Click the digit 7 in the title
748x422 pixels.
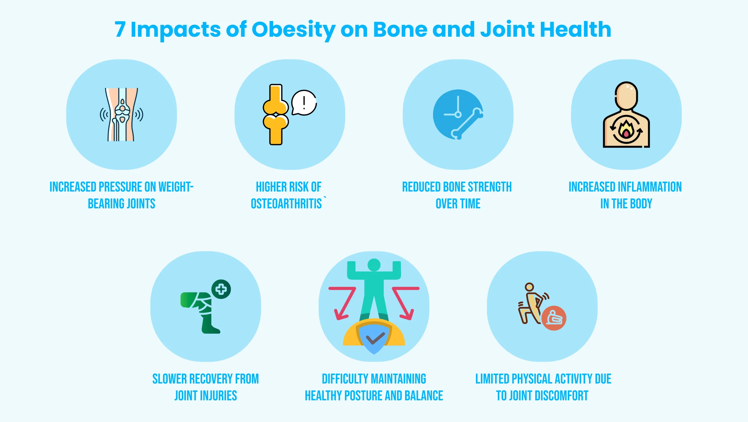coord(120,29)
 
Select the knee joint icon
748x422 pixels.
coord(122,114)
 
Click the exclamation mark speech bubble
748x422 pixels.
coord(304,102)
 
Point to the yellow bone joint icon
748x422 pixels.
coord(276,114)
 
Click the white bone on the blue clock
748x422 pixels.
coord(467,124)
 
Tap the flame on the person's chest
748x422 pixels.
coord(626,130)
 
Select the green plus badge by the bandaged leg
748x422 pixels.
coord(221,289)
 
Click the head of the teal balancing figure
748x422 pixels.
coord(374,265)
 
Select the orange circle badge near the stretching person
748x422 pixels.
coord(554,318)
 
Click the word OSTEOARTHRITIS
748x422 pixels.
coord(286,204)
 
